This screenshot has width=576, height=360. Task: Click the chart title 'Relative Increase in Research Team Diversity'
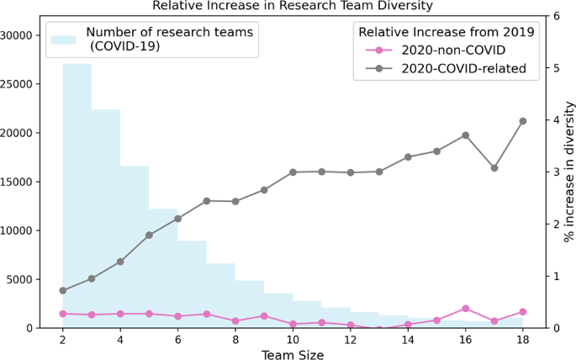[293, 6]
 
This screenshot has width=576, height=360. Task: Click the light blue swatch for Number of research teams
[66, 38]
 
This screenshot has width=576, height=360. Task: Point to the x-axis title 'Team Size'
[293, 354]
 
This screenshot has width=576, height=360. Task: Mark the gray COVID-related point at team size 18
[522, 121]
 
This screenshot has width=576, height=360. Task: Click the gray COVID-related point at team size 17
[494, 168]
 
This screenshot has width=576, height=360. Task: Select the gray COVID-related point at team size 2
[63, 290]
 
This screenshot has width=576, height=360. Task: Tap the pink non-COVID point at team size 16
[465, 309]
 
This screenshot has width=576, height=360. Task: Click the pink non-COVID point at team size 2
[63, 314]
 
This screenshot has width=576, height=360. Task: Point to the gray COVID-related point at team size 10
[293, 172]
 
